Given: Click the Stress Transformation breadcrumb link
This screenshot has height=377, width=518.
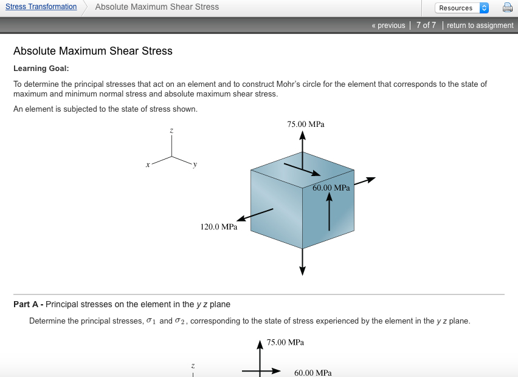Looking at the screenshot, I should [x=41, y=7].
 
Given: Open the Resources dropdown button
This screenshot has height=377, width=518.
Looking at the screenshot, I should [x=461, y=8].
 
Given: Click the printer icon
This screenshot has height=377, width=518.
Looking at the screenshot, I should [x=507, y=8].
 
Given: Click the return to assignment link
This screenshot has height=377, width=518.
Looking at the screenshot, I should [x=480, y=25].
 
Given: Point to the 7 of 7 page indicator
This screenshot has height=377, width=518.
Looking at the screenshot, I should [x=426, y=25].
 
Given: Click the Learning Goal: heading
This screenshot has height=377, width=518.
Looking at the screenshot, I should [x=41, y=69].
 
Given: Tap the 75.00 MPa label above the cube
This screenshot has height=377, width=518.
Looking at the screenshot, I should [x=306, y=124].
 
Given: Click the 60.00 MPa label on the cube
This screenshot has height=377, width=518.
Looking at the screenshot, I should [x=331, y=188].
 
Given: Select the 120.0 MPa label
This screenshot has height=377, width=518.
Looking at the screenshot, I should [x=219, y=227].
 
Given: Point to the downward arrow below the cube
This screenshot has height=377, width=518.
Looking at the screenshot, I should [x=302, y=261].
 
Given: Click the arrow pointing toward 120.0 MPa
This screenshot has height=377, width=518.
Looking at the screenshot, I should [x=255, y=215].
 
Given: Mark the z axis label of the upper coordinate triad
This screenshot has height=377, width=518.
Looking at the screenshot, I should [x=171, y=131].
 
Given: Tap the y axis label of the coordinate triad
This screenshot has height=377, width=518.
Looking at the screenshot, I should [x=195, y=164].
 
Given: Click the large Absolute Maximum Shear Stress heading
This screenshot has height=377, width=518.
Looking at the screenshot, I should [x=93, y=51].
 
